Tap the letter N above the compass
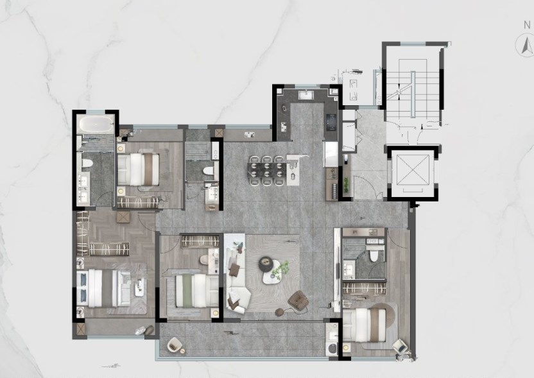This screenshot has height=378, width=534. point(527,25)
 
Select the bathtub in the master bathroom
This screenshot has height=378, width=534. point(96,125)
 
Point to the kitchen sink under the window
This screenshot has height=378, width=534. point(308,94)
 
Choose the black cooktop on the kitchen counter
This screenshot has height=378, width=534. point(331,122)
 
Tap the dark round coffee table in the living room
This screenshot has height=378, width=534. point(266,264)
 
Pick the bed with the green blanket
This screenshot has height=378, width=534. point(196,291)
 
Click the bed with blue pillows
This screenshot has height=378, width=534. point(103,288)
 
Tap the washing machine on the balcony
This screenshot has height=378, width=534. point(331,348)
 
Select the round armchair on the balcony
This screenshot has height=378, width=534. point(175,344)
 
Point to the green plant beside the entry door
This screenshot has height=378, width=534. point(347,184)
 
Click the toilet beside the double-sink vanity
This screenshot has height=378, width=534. point(87,163)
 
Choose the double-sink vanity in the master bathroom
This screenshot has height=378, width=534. point(83,188)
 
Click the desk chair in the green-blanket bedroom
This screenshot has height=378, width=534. point(204,260)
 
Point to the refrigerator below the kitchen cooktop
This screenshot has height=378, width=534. point(331,155)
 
